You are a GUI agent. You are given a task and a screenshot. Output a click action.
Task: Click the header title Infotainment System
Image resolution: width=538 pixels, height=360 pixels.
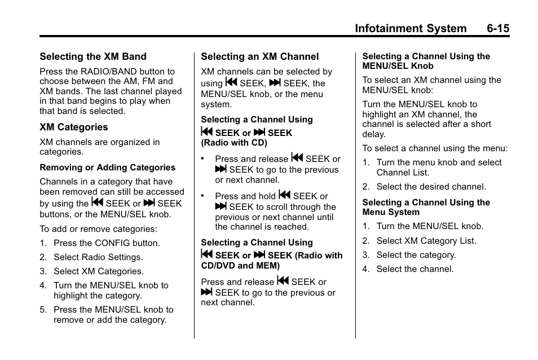[x=411, y=28]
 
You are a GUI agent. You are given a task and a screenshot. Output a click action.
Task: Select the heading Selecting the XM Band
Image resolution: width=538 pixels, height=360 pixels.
[x=92, y=56]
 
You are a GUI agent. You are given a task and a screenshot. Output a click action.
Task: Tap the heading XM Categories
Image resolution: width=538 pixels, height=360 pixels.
[x=73, y=128]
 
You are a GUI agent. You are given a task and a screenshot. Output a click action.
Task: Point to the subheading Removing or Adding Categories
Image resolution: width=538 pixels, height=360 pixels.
[x=107, y=168]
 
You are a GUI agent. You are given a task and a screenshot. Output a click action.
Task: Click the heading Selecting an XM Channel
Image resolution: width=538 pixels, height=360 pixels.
[x=259, y=56]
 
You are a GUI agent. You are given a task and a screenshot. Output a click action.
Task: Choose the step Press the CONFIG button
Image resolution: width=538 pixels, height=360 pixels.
[x=107, y=243]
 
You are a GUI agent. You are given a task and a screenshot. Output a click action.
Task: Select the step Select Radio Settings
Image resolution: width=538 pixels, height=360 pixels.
[x=98, y=257]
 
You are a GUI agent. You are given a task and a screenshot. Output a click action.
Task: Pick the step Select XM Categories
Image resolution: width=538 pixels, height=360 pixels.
[x=99, y=271]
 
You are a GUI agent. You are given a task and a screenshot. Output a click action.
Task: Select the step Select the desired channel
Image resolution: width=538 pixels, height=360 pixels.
[x=431, y=187]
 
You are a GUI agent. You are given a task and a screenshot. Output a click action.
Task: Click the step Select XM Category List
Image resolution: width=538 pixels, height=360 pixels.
[x=426, y=241]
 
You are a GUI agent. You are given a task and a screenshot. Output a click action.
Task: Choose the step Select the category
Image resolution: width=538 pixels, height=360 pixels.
[x=416, y=255]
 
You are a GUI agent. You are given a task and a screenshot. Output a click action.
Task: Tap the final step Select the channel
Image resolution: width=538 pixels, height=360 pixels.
[x=415, y=269]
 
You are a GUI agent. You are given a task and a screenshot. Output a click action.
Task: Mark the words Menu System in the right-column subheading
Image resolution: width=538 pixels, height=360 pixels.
[x=391, y=212]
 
